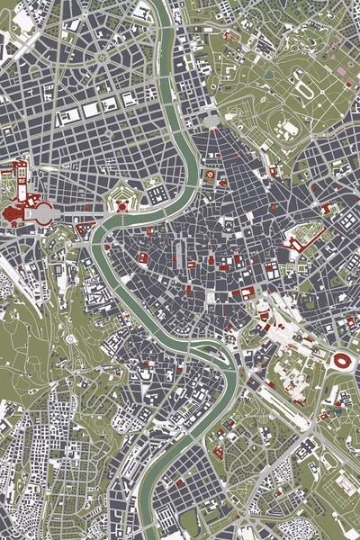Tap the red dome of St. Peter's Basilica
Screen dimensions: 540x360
13,212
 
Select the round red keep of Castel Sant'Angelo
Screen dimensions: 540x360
121,205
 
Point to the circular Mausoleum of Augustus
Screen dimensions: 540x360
210,174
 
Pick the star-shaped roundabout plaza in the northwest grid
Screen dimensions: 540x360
101,57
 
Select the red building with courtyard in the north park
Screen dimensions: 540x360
231,37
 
